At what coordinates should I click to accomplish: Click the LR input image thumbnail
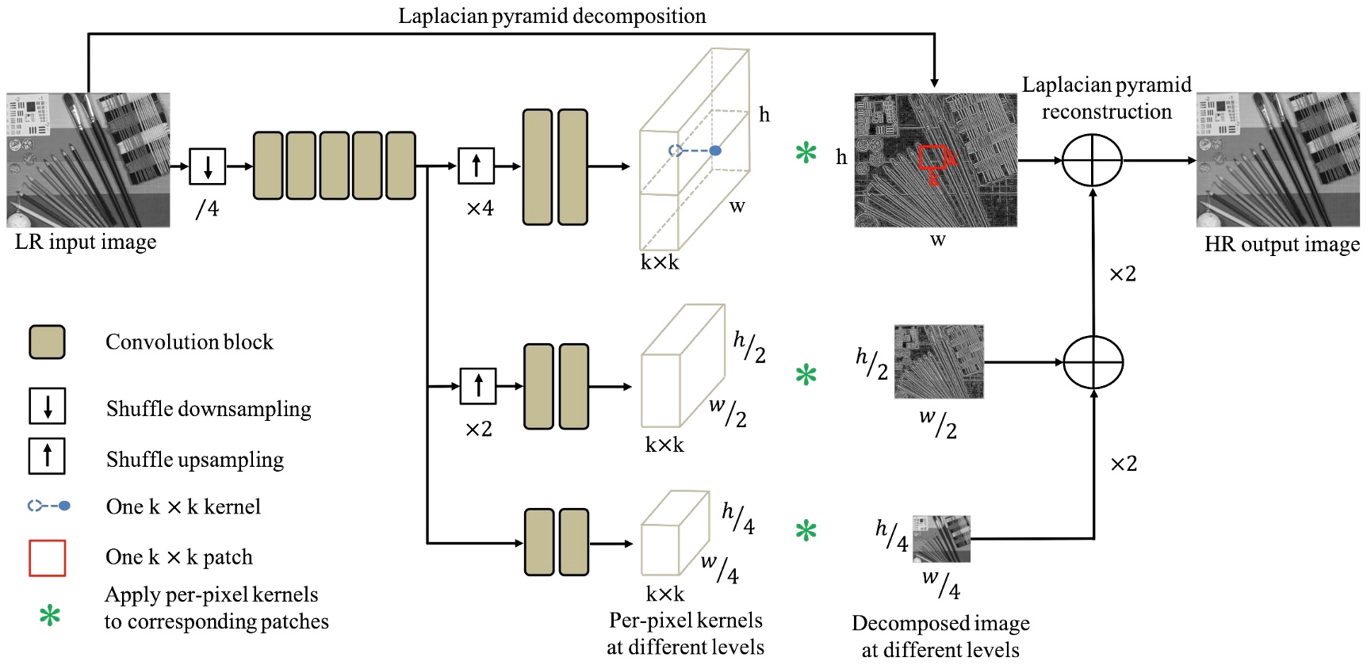(x=88, y=160)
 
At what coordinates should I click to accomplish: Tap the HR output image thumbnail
(x=1277, y=160)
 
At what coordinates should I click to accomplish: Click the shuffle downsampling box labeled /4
(x=208, y=166)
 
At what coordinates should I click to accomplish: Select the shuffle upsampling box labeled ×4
(x=477, y=166)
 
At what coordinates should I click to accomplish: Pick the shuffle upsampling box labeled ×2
(x=478, y=386)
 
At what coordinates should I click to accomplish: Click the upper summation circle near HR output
(x=1092, y=160)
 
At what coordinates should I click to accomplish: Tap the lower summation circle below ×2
(x=1093, y=362)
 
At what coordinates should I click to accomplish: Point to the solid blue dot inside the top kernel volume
(x=715, y=151)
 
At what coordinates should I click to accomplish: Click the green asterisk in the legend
(x=49, y=615)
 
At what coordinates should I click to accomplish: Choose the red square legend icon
(x=47, y=558)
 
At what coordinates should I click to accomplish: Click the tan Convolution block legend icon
(x=47, y=342)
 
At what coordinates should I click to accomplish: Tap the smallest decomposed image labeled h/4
(x=941, y=539)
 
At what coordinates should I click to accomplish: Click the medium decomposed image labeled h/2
(x=939, y=361)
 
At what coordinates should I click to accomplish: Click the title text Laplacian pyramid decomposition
(x=552, y=16)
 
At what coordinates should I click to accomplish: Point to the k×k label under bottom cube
(x=664, y=594)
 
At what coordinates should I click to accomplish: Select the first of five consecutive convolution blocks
(x=268, y=166)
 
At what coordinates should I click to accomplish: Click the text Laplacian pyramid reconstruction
(x=1106, y=98)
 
